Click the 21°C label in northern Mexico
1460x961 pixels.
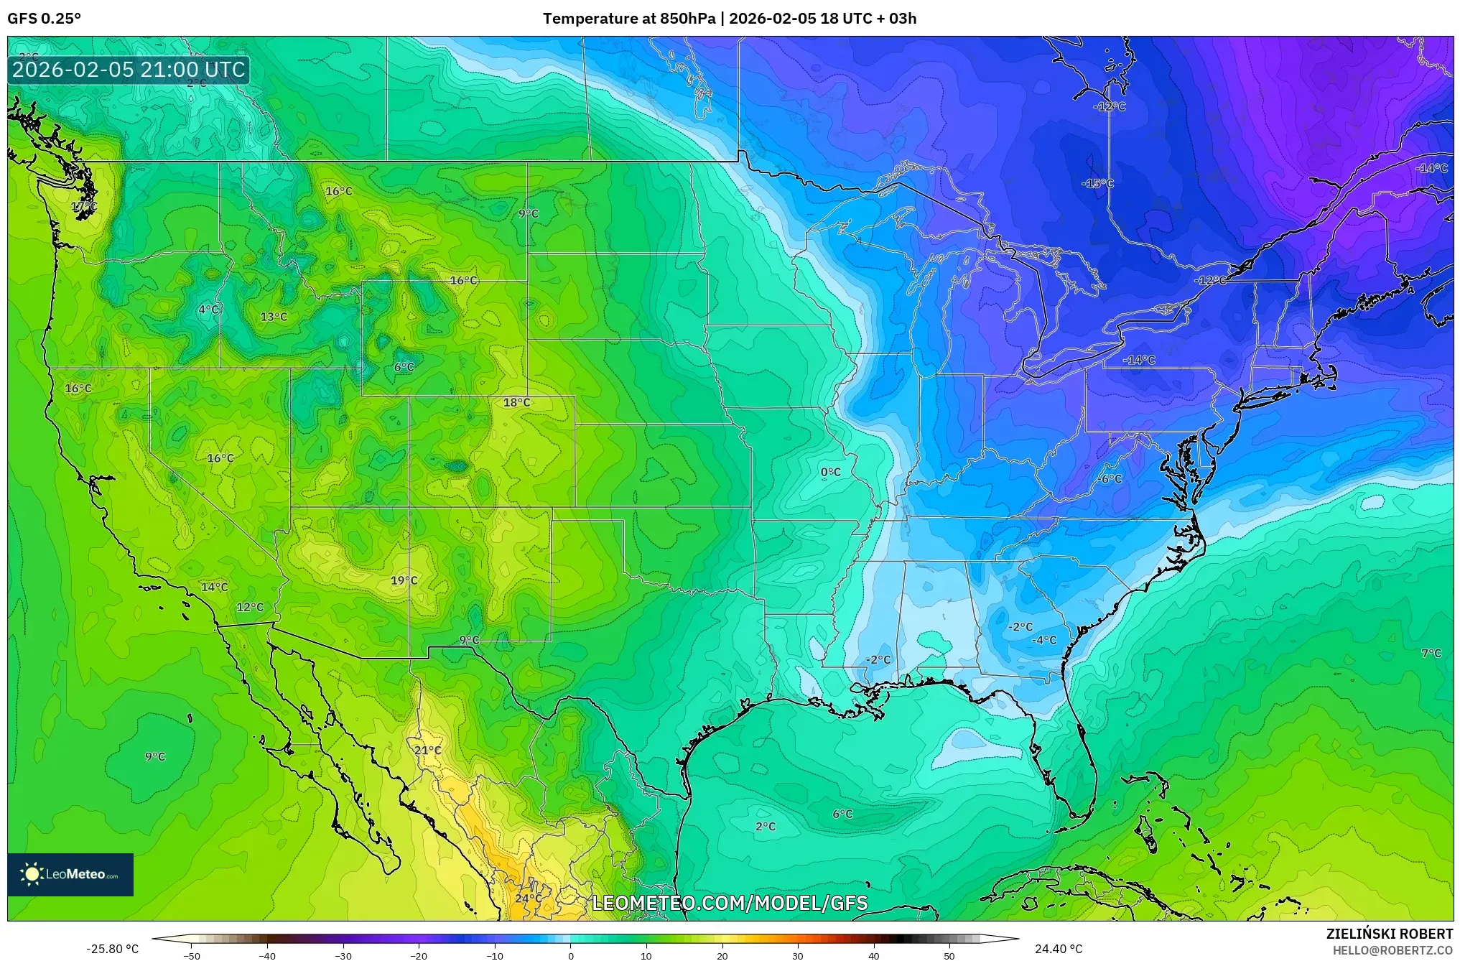[x=427, y=751]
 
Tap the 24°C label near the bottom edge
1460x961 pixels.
[x=529, y=899]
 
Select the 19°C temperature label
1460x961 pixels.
[x=404, y=580]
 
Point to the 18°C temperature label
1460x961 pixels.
[x=516, y=402]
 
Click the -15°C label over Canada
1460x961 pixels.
[x=1097, y=184]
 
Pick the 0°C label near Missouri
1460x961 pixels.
[x=830, y=472]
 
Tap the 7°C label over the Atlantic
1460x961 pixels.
[x=1431, y=654]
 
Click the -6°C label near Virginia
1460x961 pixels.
[x=1110, y=479]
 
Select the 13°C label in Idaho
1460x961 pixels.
[x=274, y=317]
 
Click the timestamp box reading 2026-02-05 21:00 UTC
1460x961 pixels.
[x=129, y=70]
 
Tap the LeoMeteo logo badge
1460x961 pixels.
[x=70, y=874]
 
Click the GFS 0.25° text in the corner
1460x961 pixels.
[x=44, y=19]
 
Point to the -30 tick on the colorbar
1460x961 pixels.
[x=343, y=955]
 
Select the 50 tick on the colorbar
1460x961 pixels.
[x=949, y=955]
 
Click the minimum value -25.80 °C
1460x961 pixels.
[x=112, y=949]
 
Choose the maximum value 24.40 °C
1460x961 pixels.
[x=1058, y=949]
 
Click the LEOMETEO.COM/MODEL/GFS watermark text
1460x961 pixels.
[x=729, y=903]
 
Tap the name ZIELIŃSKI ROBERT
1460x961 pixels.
[x=1390, y=934]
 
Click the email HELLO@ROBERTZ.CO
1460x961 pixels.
[x=1392, y=950]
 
